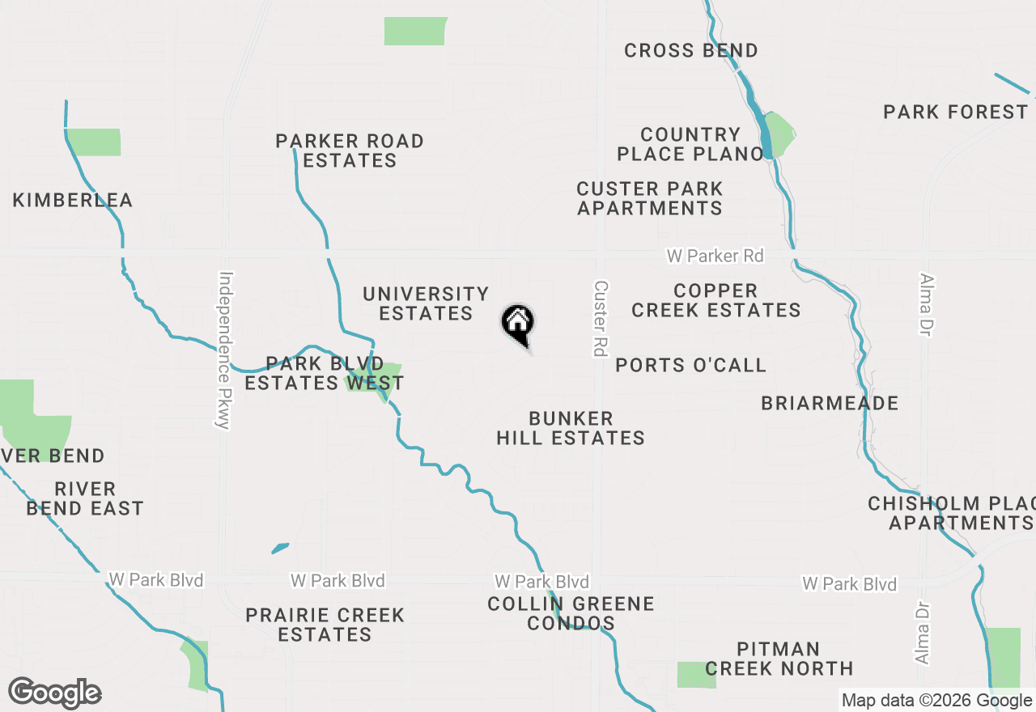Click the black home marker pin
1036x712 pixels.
pyautogui.click(x=518, y=324)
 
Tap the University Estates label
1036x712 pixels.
pyautogui.click(x=426, y=303)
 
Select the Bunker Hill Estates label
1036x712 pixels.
pyautogui.click(x=571, y=428)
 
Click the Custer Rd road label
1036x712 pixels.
pyautogui.click(x=600, y=319)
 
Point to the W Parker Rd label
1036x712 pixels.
pyautogui.click(x=715, y=256)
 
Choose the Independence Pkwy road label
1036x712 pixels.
pyautogui.click(x=224, y=350)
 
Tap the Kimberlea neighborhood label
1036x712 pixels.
pyautogui.click(x=73, y=200)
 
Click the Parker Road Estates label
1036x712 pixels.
pyautogui.click(x=350, y=150)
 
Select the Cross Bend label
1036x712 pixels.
pyautogui.click(x=691, y=50)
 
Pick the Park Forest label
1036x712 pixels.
pyautogui.click(x=955, y=112)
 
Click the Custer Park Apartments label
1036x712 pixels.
pyautogui.click(x=650, y=198)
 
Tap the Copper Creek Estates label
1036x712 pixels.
pyautogui.click(x=716, y=300)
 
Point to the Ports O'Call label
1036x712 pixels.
pyautogui.click(x=690, y=365)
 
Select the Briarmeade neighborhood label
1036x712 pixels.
pyautogui.click(x=830, y=403)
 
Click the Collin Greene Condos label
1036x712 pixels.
pyautogui.click(x=571, y=613)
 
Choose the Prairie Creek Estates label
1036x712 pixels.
pyautogui.click(x=325, y=625)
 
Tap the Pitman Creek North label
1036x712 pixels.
pyautogui.click(x=779, y=659)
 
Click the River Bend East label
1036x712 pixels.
pyautogui.click(x=85, y=498)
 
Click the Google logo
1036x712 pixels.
pyautogui.click(x=54, y=693)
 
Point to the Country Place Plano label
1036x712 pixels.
pyautogui.click(x=690, y=144)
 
